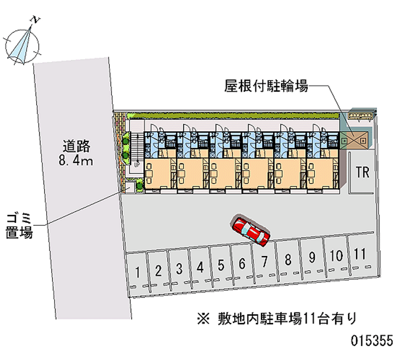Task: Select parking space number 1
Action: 138,271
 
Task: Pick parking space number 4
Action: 200,267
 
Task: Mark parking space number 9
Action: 312,257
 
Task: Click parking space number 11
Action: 360,255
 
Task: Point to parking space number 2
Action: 158,270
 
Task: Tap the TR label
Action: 362,172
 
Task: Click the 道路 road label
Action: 76,146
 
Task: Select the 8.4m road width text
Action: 76,160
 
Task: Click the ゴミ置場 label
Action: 19,225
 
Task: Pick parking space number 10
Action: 336,256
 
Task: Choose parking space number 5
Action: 221,265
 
